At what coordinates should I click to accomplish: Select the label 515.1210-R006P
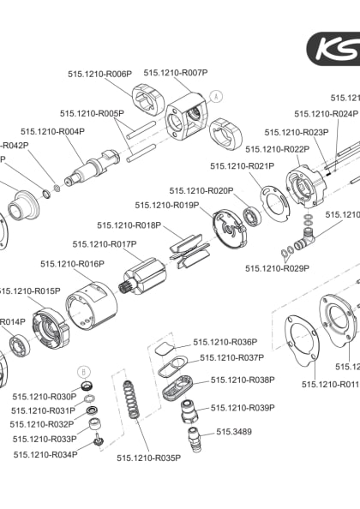pyautogui.click(x=100, y=75)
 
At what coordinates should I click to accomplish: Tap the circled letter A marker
pyautogui.click(x=216, y=96)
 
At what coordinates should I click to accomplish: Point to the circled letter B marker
pyautogui.click(x=83, y=371)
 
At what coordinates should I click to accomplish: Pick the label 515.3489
pyautogui.click(x=234, y=432)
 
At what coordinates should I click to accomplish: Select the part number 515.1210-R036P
pyautogui.click(x=225, y=342)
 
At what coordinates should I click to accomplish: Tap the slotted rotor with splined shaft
pyautogui.click(x=145, y=276)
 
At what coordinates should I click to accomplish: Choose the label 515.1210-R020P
pyautogui.click(x=201, y=190)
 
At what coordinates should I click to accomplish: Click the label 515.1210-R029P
pyautogui.click(x=277, y=268)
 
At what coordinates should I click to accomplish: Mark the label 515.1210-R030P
pyautogui.click(x=45, y=397)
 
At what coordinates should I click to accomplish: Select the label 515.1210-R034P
pyautogui.click(x=45, y=454)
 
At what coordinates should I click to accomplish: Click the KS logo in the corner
pyautogui.click(x=336, y=48)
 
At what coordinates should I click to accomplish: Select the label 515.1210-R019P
pyautogui.click(x=167, y=205)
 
